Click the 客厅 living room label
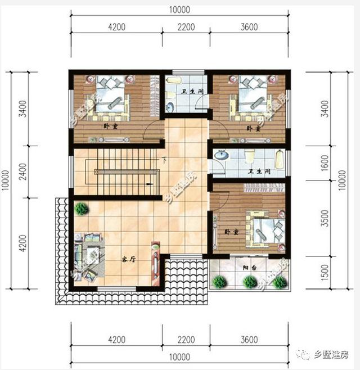pyautogui.click(x=129, y=260)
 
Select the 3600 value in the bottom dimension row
pyautogui.click(x=248, y=340)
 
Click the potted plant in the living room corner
pyautogui.click(x=82, y=209)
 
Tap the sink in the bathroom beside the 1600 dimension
pyautogui.click(x=222, y=155)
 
